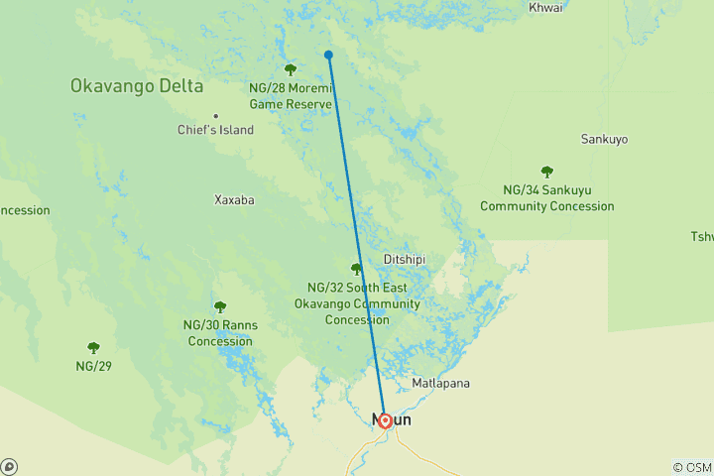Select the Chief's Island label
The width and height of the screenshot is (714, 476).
click(x=215, y=130)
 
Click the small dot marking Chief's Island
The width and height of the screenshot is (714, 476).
click(x=215, y=115)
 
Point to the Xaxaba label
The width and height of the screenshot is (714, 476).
click(x=234, y=199)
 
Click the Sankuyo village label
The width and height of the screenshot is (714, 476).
click(x=604, y=140)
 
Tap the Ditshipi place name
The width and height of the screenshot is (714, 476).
click(x=404, y=260)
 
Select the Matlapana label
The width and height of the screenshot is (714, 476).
click(x=440, y=383)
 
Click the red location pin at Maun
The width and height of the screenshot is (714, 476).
click(x=385, y=420)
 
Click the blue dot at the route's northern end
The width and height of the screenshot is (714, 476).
click(x=328, y=55)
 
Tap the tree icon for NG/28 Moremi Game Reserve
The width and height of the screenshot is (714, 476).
click(x=291, y=69)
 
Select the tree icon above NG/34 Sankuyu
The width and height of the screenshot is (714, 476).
click(x=546, y=172)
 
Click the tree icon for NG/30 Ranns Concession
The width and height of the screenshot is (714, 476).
click(x=219, y=306)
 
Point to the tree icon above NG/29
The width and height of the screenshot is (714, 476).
click(x=93, y=348)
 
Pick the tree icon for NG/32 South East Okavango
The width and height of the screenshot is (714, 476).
click(x=356, y=269)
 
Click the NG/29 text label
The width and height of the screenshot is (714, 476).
click(x=93, y=366)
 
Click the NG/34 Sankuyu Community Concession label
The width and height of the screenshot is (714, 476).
click(x=546, y=197)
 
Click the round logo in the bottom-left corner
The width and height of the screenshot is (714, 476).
click(x=9, y=466)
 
